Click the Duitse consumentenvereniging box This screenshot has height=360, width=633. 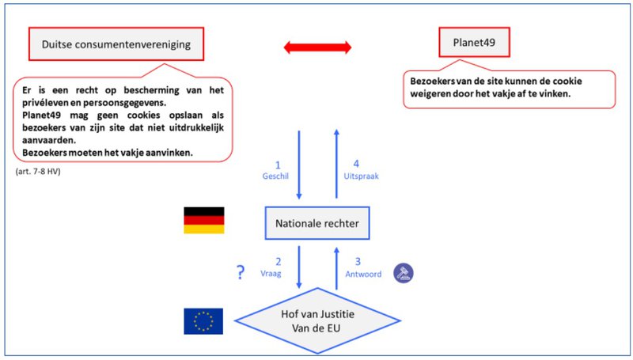click(x=116, y=44)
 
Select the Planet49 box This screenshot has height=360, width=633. click(x=474, y=43)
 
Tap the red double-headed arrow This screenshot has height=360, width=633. click(x=318, y=47)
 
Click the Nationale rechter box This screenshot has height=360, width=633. click(x=317, y=223)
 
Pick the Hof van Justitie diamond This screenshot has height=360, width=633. click(x=317, y=321)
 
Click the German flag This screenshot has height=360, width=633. click(x=204, y=221)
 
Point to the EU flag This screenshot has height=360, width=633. click(x=203, y=321)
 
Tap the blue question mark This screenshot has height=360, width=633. click(x=241, y=272)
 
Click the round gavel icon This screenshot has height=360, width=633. click(x=404, y=273)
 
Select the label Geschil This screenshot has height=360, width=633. click(x=275, y=176)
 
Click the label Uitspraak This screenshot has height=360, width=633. click(x=362, y=176)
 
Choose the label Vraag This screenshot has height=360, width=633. click(x=271, y=274)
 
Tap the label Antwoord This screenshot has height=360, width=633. click(x=363, y=274)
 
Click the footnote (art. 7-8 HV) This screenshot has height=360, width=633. click(x=38, y=171)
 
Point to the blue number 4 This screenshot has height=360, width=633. click(x=356, y=164)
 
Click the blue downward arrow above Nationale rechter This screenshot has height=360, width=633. click(x=299, y=165)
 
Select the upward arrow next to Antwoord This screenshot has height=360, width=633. click(x=337, y=268)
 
